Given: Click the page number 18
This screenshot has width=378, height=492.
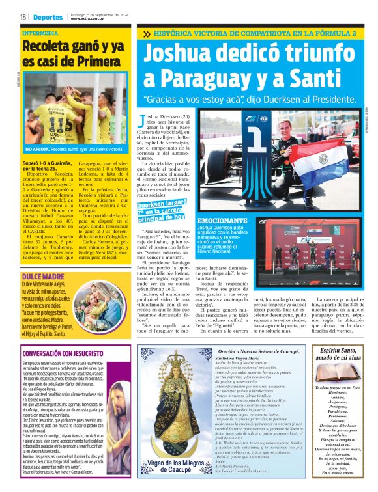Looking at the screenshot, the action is [x=23, y=17].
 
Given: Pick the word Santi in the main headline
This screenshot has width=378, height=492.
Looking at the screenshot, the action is [x=322, y=79].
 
